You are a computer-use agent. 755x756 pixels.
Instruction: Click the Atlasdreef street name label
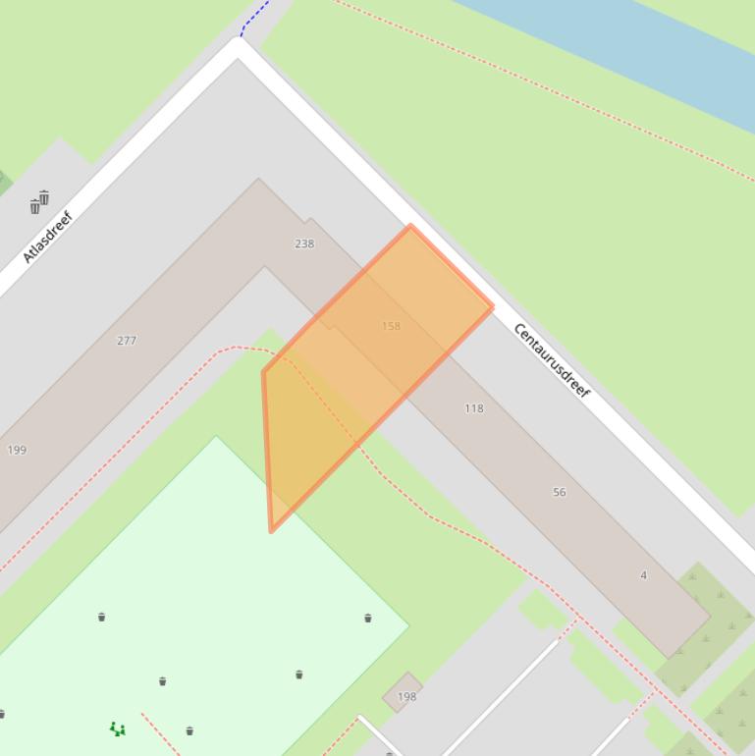[48, 237]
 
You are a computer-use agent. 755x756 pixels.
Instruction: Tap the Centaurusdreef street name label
[552, 360]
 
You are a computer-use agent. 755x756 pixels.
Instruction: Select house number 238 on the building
[304, 243]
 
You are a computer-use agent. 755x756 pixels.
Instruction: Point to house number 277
[127, 341]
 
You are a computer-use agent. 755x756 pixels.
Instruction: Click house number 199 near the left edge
[17, 451]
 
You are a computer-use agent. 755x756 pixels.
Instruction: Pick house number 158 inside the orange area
[391, 326]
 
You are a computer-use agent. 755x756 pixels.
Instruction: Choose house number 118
[474, 408]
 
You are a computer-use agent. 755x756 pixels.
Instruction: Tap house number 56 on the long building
[560, 492]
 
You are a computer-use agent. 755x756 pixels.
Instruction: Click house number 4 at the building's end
[644, 575]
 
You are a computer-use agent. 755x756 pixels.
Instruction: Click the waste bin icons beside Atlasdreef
[39, 202]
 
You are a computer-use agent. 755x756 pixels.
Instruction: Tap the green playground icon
[117, 729]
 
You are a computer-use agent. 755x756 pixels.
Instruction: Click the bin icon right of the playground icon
[189, 730]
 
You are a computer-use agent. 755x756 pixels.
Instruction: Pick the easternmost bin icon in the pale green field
[368, 618]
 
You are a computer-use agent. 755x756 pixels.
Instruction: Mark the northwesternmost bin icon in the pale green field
[102, 617]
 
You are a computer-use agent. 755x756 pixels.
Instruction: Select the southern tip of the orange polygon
[271, 530]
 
